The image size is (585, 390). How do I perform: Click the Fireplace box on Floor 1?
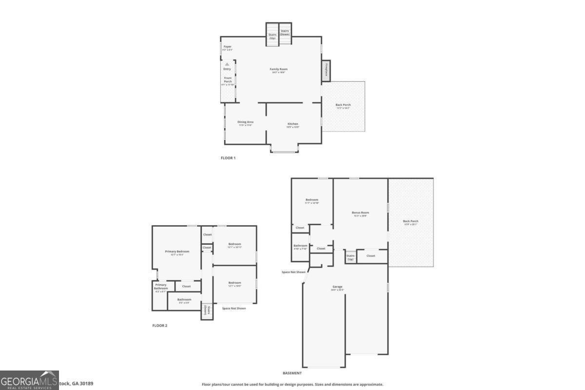[x=326, y=71]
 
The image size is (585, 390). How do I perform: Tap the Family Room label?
[x=279, y=69]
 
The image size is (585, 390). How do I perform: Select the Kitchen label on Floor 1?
[x=292, y=124]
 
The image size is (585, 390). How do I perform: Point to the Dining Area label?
[x=245, y=122]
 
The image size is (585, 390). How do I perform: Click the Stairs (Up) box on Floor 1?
[x=273, y=35]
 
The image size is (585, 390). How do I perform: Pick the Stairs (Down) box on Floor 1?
[x=285, y=33]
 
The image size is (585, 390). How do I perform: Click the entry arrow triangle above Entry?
[x=227, y=64]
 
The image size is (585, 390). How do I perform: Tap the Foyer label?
[x=227, y=47]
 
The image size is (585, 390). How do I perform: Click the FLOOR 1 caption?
[x=228, y=158]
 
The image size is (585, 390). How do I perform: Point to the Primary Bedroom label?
[x=176, y=252]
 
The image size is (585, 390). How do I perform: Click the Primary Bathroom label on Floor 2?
[x=161, y=287]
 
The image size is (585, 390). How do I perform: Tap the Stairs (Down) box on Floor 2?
[x=207, y=312]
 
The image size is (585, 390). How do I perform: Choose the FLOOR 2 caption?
[x=159, y=325]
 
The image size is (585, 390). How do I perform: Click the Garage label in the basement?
[x=337, y=287]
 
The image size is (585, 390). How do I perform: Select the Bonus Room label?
[x=361, y=213]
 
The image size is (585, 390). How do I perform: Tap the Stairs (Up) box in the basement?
[x=351, y=256]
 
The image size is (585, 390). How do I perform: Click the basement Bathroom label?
[x=300, y=246]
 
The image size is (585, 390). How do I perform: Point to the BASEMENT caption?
[x=292, y=373]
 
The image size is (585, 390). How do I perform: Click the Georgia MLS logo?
[x=29, y=380]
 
